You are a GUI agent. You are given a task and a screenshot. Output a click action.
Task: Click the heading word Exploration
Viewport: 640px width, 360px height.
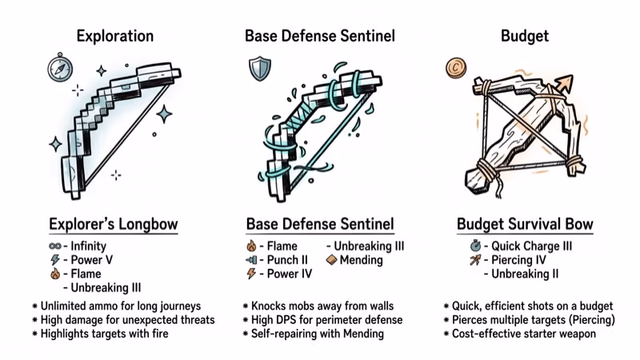[x=114, y=36]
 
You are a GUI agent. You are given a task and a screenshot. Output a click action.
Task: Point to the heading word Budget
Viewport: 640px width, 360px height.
[x=525, y=36]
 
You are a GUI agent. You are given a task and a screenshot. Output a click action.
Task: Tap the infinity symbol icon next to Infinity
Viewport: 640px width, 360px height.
[x=55, y=246]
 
